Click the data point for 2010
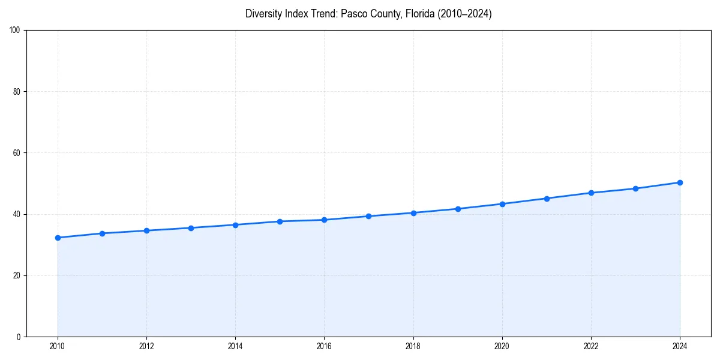pyautogui.click(x=58, y=238)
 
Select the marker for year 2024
pyautogui.click(x=680, y=182)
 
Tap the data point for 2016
pyautogui.click(x=324, y=220)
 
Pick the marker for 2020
pyautogui.click(x=502, y=204)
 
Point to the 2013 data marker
pyautogui.click(x=191, y=228)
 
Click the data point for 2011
pyautogui.click(x=102, y=233)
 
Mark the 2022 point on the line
pyautogui.click(x=591, y=193)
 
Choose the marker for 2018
pyautogui.click(x=413, y=213)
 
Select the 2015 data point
pyautogui.click(x=280, y=221)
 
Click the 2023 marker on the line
pyautogui.click(x=635, y=188)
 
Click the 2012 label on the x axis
pyautogui.click(x=146, y=346)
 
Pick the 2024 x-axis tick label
pyautogui.click(x=680, y=346)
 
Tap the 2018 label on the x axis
pyautogui.click(x=413, y=346)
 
